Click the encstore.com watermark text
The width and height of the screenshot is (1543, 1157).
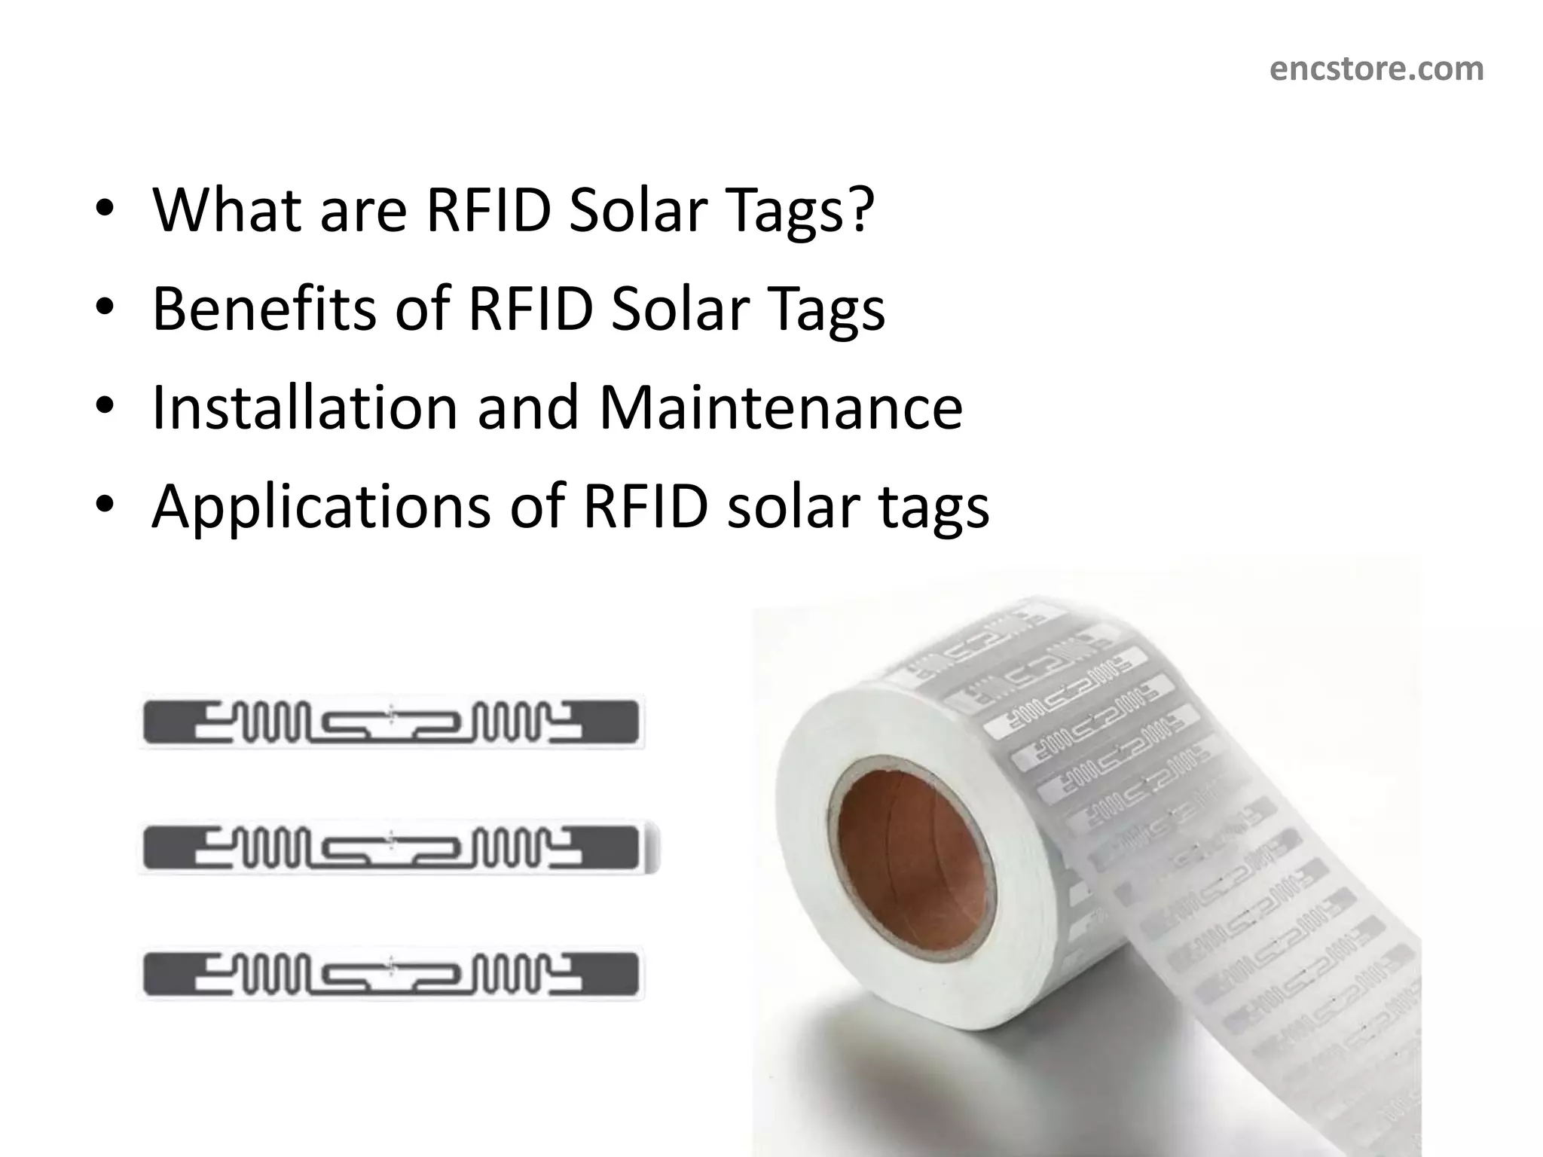[x=1376, y=69]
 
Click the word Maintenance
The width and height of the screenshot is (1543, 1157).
[x=781, y=408]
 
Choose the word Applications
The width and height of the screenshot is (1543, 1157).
[x=321, y=507]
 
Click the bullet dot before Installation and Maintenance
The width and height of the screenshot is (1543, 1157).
[x=105, y=408]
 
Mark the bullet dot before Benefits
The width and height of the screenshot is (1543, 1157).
[x=105, y=308]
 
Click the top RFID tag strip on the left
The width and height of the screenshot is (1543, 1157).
[x=391, y=722]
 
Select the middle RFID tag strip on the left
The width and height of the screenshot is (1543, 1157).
[x=391, y=848]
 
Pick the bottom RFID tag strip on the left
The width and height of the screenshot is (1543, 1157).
[x=391, y=974]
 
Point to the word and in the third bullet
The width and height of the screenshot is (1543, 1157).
[x=528, y=408]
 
